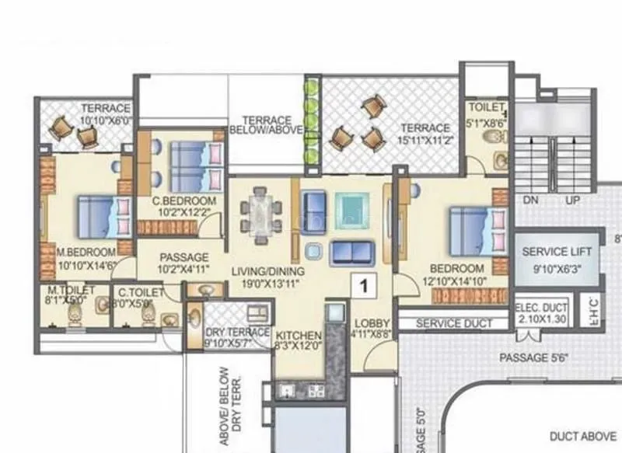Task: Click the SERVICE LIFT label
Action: pos(557,252)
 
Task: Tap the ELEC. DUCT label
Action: pos(542,308)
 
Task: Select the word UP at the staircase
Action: pos(574,200)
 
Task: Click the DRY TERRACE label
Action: pos(237,333)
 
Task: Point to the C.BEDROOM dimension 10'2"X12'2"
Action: pos(184,212)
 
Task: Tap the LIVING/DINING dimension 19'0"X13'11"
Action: pos(267,284)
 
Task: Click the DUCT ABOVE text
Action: pos(582,436)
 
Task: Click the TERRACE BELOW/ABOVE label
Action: pos(267,125)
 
